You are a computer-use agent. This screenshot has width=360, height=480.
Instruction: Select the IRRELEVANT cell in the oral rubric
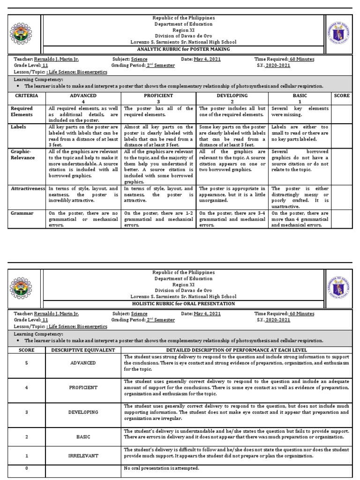tap(83, 455)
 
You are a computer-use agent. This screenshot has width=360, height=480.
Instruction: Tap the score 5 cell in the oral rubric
tap(27, 363)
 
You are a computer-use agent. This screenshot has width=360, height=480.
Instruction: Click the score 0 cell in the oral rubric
tap(27, 467)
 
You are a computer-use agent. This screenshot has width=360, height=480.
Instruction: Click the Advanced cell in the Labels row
tap(83, 136)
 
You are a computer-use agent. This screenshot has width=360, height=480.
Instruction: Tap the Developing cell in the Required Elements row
tap(232, 111)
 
